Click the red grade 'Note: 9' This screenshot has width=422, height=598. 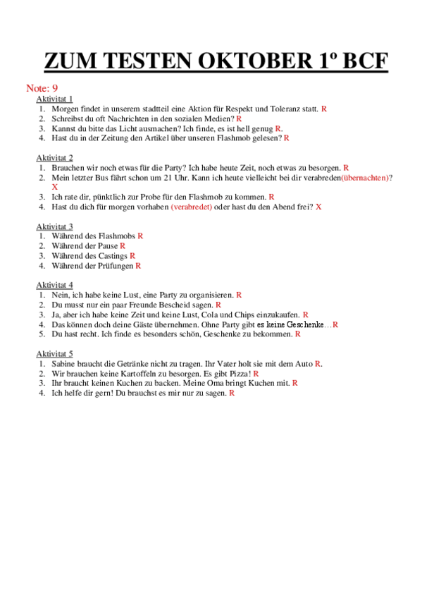point(42,88)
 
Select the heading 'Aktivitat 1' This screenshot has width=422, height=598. point(54,99)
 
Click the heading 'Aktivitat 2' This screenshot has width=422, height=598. point(54,158)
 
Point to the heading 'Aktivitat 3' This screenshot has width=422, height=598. point(54,226)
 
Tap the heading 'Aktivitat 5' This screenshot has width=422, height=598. point(54,353)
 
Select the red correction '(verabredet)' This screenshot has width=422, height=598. point(191,207)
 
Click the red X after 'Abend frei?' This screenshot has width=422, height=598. point(318,207)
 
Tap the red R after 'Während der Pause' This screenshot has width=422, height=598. point(123,246)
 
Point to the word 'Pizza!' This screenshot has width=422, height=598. point(240,373)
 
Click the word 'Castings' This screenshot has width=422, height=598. point(113,256)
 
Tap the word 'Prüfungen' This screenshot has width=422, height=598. point(115,266)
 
